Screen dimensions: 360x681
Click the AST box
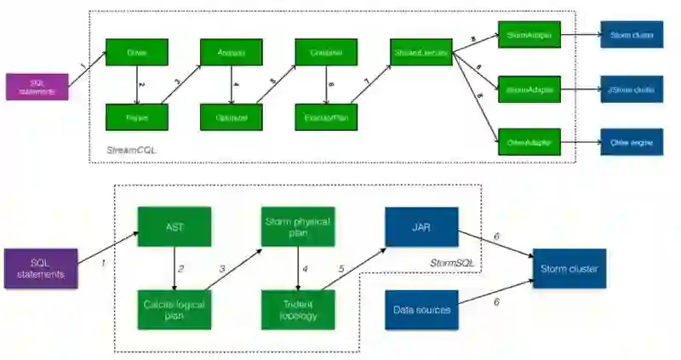point(174,226)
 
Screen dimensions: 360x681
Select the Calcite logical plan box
point(174,309)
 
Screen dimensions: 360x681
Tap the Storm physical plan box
point(297,226)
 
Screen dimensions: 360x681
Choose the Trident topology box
point(297,309)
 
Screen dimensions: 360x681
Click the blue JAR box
point(421,226)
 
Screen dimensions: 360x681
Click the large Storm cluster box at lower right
point(569,269)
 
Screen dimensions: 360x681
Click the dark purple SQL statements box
point(41,268)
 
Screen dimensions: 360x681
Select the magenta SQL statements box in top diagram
point(37,87)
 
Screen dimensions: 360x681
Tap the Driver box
point(137,53)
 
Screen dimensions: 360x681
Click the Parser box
point(137,117)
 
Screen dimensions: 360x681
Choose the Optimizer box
point(232,117)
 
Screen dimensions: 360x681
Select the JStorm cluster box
point(631,88)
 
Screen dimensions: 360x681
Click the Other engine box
point(631,142)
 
